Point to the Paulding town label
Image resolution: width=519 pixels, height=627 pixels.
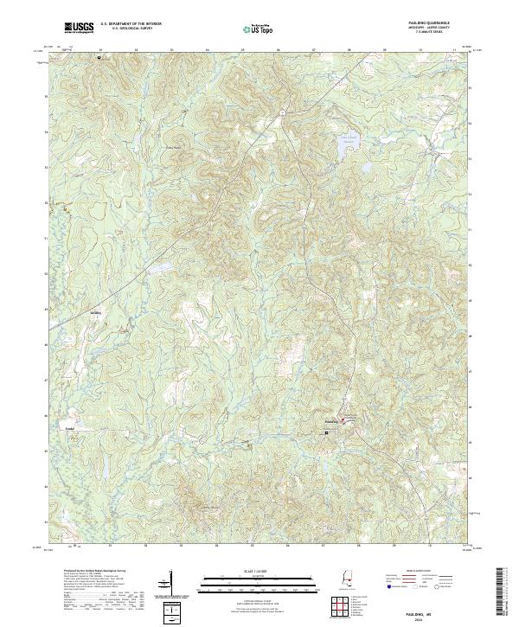[x=330, y=422]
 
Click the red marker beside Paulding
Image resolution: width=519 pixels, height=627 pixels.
[x=343, y=421]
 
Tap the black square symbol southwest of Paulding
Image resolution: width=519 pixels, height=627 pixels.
[x=327, y=432]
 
